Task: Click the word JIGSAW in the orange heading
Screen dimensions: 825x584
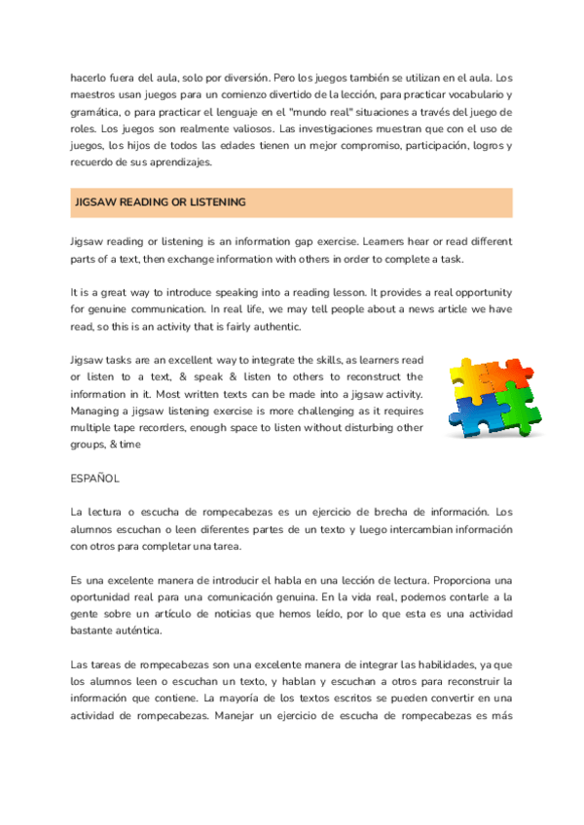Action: coord(93,202)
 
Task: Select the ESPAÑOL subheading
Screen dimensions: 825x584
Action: coord(95,480)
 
